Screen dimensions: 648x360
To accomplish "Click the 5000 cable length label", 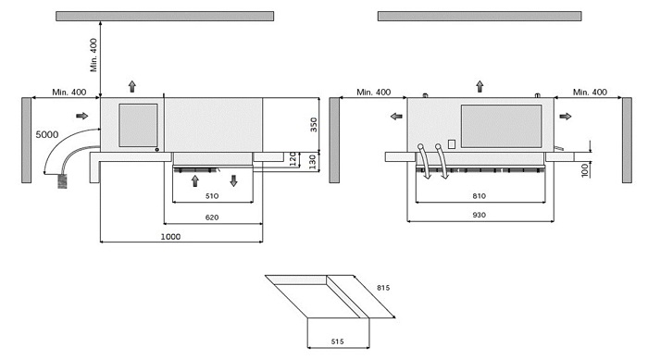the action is [46, 134].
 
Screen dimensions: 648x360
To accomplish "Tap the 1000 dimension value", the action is [170, 236].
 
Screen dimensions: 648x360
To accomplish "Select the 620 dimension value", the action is [212, 217].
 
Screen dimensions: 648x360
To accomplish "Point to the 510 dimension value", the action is [212, 196].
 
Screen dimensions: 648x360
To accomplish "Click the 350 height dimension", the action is [314, 125].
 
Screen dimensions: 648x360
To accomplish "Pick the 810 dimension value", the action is [480, 196].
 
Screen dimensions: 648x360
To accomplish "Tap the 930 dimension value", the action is [480, 215].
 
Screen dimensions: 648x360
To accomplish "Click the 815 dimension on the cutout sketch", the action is [383, 288].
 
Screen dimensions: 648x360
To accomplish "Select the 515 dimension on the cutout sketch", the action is [338, 341].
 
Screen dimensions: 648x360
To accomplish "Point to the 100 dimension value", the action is [584, 170].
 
